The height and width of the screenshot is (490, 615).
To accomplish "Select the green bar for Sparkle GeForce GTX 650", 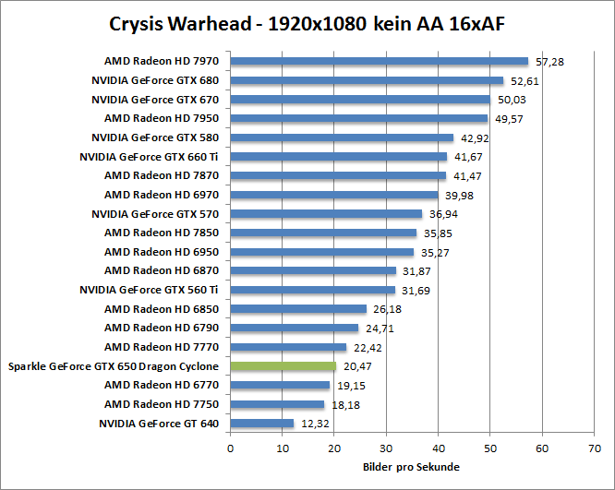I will (283, 366).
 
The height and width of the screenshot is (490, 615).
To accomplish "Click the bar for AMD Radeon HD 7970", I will (379, 62).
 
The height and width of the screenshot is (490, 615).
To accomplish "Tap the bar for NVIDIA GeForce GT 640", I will (261, 424).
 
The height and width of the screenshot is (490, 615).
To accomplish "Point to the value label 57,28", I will (548, 62).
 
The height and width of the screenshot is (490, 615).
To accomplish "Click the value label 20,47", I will (356, 366).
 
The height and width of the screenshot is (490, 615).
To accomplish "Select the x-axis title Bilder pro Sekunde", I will (411, 467).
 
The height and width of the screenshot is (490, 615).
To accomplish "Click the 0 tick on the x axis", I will (230, 449).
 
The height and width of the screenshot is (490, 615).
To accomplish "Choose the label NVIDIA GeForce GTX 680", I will (157, 81).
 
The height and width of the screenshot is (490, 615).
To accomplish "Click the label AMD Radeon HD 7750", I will (163, 404).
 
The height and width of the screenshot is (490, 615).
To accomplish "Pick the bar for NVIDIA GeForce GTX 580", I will (342, 137).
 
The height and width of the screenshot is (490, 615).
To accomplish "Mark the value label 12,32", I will (314, 424).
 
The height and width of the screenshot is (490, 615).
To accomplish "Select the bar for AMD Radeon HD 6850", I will (298, 309).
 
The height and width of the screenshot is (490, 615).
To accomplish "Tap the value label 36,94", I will (441, 214).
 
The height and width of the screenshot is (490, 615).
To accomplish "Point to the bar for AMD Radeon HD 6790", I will (294, 328).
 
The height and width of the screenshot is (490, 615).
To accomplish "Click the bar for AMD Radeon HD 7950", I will (358, 119).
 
